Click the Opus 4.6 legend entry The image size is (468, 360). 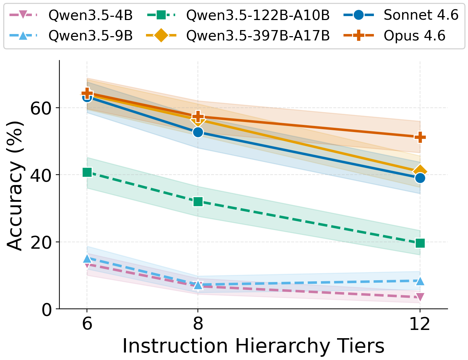[414, 36]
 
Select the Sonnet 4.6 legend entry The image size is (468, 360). [421, 15]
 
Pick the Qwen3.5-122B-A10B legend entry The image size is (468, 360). [258, 15]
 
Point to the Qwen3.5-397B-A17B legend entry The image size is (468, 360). [258, 36]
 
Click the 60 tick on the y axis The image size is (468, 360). [41, 108]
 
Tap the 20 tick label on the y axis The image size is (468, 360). [41, 242]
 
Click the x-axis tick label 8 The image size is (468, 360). [198, 324]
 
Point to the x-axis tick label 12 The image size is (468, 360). [420, 324]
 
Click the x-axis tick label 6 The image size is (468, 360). [87, 324]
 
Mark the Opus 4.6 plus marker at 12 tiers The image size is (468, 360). [420, 137]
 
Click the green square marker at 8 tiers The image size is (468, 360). [198, 202]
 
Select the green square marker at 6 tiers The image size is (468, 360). [87, 172]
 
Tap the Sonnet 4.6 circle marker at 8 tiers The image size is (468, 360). [198, 132]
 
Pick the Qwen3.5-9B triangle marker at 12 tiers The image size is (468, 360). [420, 281]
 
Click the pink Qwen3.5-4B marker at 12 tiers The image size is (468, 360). [420, 297]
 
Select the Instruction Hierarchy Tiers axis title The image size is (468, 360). [253, 346]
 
